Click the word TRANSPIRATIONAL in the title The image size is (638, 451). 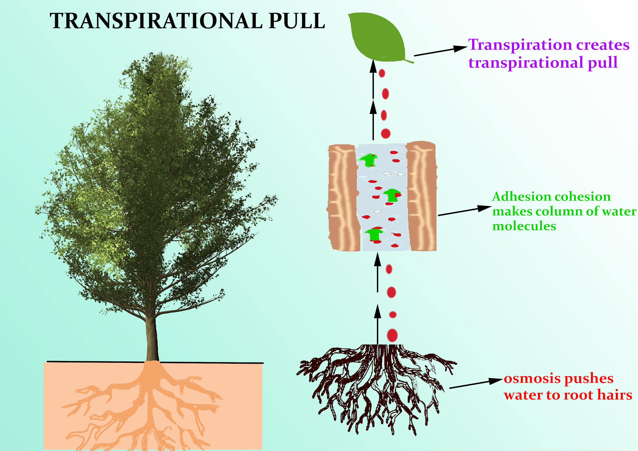156,21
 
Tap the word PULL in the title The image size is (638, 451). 297,21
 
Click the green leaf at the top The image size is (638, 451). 376,38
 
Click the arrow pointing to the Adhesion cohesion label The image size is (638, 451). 464,211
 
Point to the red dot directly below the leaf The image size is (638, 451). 382,73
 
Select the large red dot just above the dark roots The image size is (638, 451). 392,335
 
